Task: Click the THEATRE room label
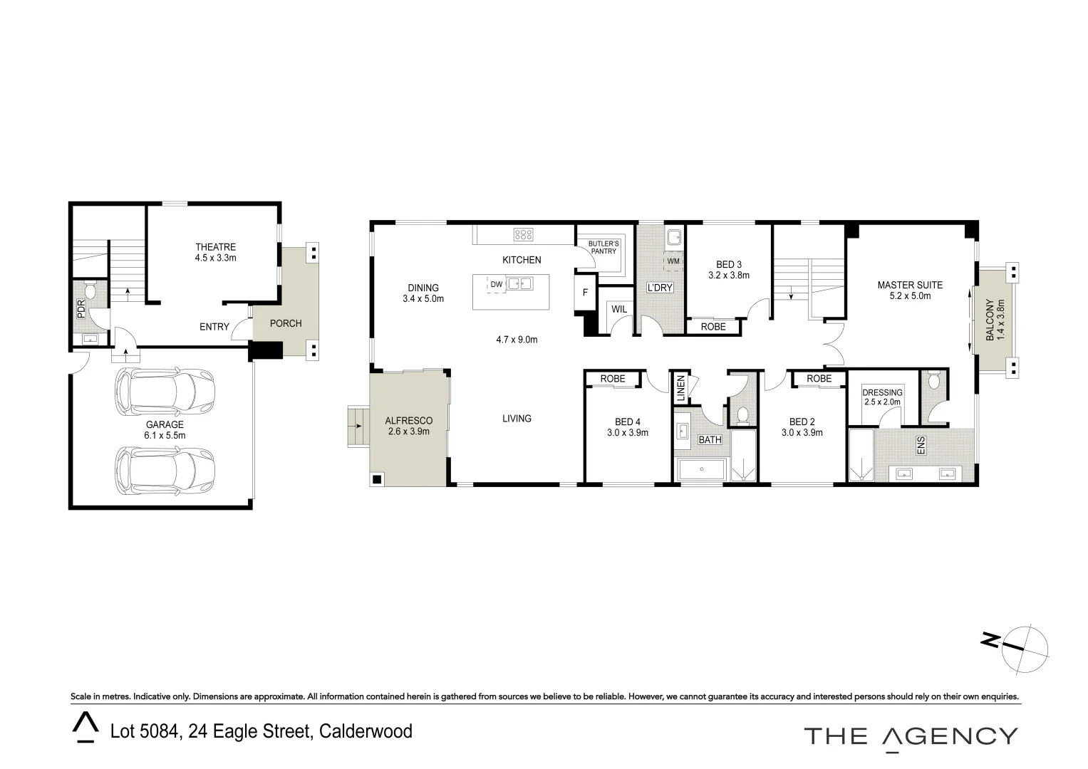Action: pyautogui.click(x=215, y=247)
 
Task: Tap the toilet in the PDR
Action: pyautogui.click(x=90, y=291)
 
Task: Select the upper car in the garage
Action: pyautogui.click(x=165, y=389)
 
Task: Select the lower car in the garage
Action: pyautogui.click(x=165, y=471)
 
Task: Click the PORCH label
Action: pyautogui.click(x=285, y=323)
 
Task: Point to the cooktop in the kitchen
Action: pyautogui.click(x=523, y=234)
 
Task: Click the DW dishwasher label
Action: pyautogui.click(x=496, y=284)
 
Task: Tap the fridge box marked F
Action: pyautogui.click(x=586, y=293)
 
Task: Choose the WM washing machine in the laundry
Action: pyautogui.click(x=673, y=261)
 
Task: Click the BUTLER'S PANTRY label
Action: pyautogui.click(x=603, y=247)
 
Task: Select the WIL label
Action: pyautogui.click(x=619, y=309)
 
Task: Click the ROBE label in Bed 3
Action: pyautogui.click(x=713, y=326)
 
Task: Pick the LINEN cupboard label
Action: pyautogui.click(x=680, y=389)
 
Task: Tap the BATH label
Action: pyautogui.click(x=710, y=440)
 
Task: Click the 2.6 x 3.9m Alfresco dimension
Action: pyautogui.click(x=409, y=431)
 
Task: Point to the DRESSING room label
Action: pyautogui.click(x=882, y=392)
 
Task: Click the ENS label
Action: pyautogui.click(x=921, y=446)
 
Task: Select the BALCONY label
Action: pyautogui.click(x=990, y=320)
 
